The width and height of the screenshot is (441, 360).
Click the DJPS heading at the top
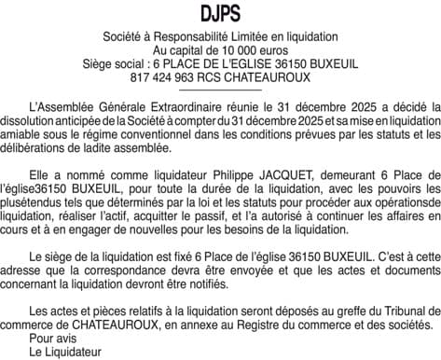pos(220,13)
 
